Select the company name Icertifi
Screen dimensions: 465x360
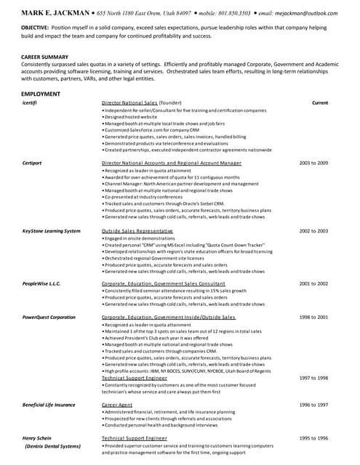tap(31, 103)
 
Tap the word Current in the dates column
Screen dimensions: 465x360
tap(319, 103)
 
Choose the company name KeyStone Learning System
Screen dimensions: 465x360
tap(51, 230)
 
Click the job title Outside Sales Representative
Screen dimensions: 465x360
tap(137, 230)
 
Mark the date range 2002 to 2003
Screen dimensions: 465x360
tap(314, 230)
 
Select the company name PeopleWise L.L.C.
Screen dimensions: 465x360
tap(43, 283)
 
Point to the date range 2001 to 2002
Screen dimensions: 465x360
tap(314, 283)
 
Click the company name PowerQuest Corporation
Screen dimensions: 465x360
tap(49, 318)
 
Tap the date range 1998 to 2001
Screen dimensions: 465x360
tap(314, 318)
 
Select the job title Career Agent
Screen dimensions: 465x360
tap(116, 405)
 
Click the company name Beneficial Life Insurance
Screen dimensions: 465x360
tap(49, 405)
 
